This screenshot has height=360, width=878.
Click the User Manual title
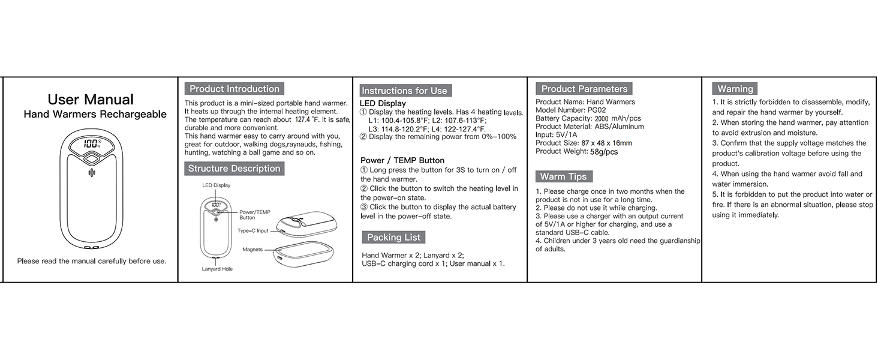(x=91, y=100)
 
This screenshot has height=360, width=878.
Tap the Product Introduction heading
(x=234, y=89)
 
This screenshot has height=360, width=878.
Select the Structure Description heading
(x=234, y=169)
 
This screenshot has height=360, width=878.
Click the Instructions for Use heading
(x=404, y=91)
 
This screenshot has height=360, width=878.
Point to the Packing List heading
(x=393, y=237)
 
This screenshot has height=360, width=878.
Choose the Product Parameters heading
(x=584, y=89)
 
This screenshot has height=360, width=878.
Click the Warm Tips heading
(x=564, y=176)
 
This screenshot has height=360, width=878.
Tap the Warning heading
(x=735, y=89)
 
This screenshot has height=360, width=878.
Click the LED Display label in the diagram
(x=216, y=185)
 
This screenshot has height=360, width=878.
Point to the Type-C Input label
(x=252, y=230)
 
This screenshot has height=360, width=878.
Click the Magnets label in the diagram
(x=252, y=249)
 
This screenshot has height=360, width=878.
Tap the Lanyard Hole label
(x=217, y=269)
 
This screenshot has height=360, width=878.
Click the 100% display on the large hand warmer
(x=92, y=143)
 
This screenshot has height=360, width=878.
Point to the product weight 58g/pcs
(x=603, y=152)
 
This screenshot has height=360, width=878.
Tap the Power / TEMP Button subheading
(x=402, y=160)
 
